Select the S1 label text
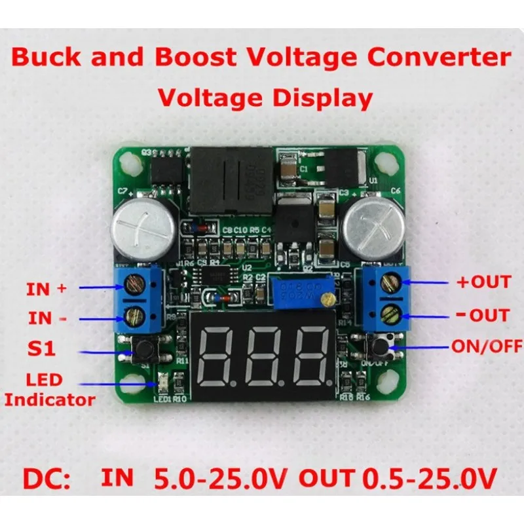(41, 350)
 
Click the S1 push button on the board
(139, 352)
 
